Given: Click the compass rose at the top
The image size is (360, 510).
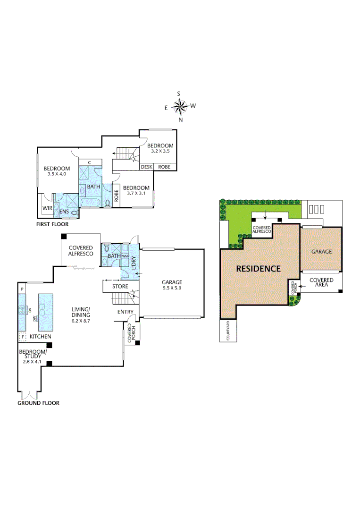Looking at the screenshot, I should coord(180,107).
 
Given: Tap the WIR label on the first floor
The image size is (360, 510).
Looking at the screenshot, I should coord(47,207).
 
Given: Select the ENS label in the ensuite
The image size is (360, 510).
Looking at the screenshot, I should coord(64,212).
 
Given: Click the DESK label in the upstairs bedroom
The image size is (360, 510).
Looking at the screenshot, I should coord(146,167).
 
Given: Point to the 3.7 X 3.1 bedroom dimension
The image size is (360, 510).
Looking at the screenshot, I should coord(136,193).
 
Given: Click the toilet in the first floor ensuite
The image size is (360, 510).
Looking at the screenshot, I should coord(74,213).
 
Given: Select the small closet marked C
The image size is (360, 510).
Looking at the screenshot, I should coord(89,162).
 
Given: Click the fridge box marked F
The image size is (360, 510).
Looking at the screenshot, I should coord(22,337).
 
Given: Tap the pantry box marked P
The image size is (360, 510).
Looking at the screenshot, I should coord(21,288).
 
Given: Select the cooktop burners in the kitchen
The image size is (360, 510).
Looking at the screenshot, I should coord(22,310).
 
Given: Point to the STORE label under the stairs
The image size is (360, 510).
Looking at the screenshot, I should coord(120,286).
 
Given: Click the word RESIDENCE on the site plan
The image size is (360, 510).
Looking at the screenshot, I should coord(258,269).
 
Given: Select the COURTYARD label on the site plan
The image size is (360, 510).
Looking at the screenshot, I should coord(228,331).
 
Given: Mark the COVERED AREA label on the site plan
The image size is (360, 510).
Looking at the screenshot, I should coord(321,283).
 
